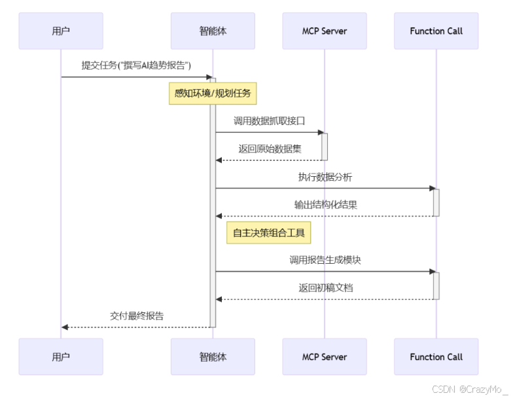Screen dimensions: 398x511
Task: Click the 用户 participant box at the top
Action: [x=61, y=31]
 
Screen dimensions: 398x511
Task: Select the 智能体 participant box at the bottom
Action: [x=213, y=357]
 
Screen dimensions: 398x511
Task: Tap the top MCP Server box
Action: [x=325, y=31]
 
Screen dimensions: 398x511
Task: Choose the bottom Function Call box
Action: [x=436, y=357]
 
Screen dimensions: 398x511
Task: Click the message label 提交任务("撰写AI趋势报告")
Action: [x=136, y=65]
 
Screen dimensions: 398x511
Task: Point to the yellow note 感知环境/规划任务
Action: [x=213, y=93]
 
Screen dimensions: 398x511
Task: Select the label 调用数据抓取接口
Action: [x=270, y=121]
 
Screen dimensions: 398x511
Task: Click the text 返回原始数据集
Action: [x=270, y=149]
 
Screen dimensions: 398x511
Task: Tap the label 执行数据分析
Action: [x=325, y=177]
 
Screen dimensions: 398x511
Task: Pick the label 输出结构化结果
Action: [x=325, y=204]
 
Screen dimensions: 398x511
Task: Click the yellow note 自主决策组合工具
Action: [x=269, y=232]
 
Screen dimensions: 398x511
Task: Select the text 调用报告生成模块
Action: [x=325, y=260]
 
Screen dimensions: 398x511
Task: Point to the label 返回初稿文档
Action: [x=325, y=287]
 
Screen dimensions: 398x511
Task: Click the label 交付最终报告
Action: [x=136, y=316]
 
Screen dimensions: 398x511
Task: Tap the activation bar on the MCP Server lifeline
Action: [x=325, y=146]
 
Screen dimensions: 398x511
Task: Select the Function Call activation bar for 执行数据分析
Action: [x=436, y=202]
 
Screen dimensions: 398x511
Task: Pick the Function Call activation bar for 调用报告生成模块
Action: [x=436, y=285]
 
